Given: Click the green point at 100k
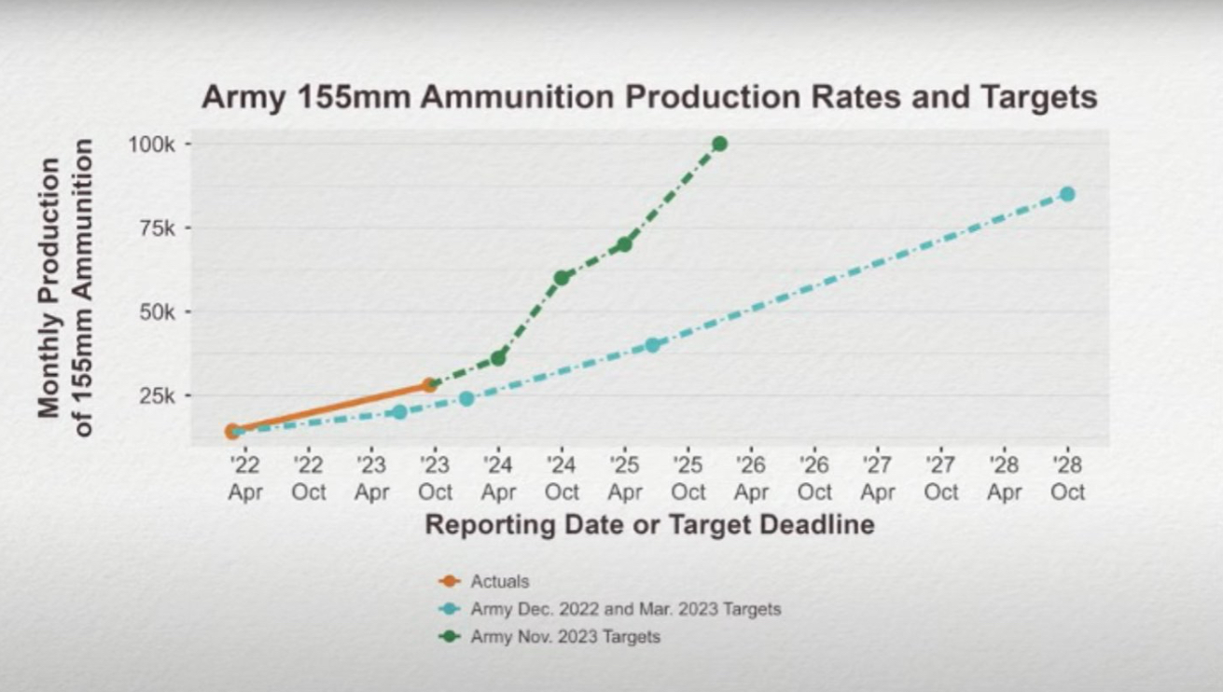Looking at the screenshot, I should [x=719, y=144].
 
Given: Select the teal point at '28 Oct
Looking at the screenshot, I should [x=1067, y=194].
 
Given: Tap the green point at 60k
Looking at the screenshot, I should [x=562, y=277].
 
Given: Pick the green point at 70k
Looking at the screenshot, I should [x=624, y=244].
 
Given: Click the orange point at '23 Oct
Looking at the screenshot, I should [x=430, y=384].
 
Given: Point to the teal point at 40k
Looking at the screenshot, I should [x=652, y=345].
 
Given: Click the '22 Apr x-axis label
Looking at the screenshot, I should [x=244, y=477].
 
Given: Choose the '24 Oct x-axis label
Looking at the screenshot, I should [x=562, y=477].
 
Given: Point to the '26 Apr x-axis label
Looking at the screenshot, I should [x=751, y=477].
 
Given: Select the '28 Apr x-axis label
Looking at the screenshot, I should [x=1004, y=477].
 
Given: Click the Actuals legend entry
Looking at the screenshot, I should [x=499, y=581].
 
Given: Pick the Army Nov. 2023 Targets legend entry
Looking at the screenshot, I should [x=565, y=637].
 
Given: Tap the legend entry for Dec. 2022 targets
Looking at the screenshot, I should [x=625, y=609].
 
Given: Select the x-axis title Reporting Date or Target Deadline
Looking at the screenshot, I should [x=649, y=524].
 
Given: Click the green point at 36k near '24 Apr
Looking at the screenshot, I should [x=498, y=357].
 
